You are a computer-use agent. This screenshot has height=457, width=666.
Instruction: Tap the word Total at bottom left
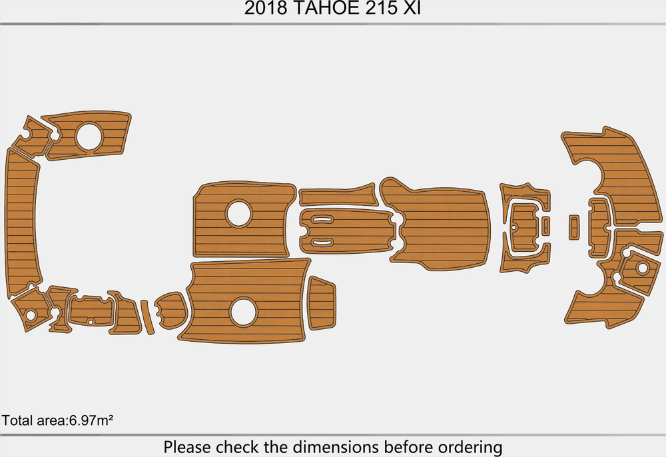pos(16,420)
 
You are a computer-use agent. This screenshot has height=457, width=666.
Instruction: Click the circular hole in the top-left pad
pos(89,137)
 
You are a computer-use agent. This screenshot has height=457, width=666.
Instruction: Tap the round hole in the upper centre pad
pos(239,213)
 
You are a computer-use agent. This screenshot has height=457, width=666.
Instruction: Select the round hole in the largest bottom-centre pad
pos(243,312)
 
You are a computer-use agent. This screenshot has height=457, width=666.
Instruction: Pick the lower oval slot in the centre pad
pos(323,239)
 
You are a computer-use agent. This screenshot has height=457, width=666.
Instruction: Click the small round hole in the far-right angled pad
pos(642,268)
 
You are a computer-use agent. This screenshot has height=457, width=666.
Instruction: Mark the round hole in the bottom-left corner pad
pos(31,314)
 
